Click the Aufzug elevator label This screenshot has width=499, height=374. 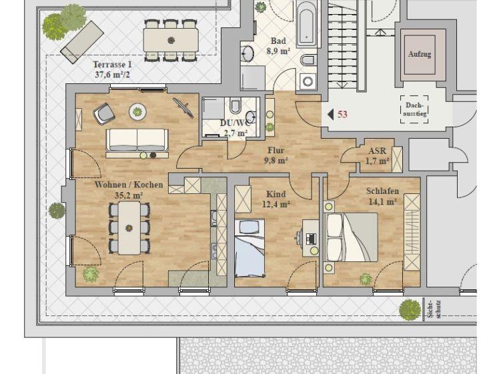click(420, 54)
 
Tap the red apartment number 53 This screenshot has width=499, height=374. click(342, 114)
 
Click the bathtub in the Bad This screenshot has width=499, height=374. click(306, 25)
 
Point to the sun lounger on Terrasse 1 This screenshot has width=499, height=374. click(82, 42)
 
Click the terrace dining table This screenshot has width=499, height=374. click(171, 40)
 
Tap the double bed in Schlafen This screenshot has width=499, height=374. click(352, 237)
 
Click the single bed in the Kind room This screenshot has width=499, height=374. click(249, 248)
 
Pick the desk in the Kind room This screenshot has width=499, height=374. click(310, 238)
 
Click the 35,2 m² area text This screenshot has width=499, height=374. click(128, 195)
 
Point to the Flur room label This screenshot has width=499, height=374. click(276, 150)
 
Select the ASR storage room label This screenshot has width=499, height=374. click(377, 151)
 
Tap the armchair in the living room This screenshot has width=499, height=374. click(104, 113)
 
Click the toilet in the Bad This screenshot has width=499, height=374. click(308, 60)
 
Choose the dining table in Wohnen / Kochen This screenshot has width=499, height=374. click(129, 228)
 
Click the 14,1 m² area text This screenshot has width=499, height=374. click(382, 201)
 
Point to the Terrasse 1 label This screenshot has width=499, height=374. click(112, 65)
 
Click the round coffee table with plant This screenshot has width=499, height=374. click(137, 111)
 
